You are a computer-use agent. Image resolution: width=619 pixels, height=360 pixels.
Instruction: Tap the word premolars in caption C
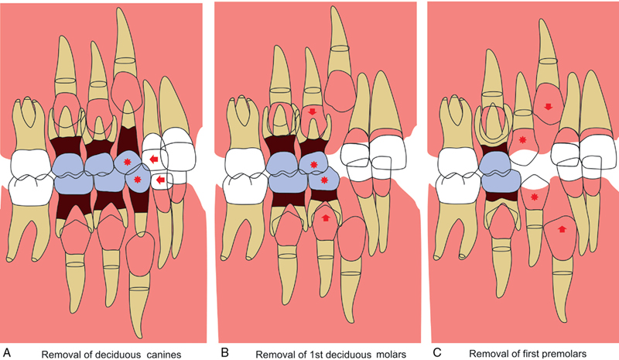(x=570, y=352)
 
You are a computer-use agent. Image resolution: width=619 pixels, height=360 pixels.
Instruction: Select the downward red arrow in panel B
(x=312, y=113)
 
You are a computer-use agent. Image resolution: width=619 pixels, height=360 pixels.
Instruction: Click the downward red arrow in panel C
(x=547, y=106)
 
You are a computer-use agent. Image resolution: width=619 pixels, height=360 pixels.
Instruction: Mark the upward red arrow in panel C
(x=561, y=229)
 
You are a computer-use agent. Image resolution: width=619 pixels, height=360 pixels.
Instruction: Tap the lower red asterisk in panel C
(x=534, y=198)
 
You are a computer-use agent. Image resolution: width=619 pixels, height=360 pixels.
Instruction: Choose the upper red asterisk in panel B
(x=313, y=165)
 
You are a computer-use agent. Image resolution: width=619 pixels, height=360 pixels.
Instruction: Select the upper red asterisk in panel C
(x=524, y=141)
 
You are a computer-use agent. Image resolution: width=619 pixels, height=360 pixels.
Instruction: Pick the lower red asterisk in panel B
(x=326, y=181)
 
